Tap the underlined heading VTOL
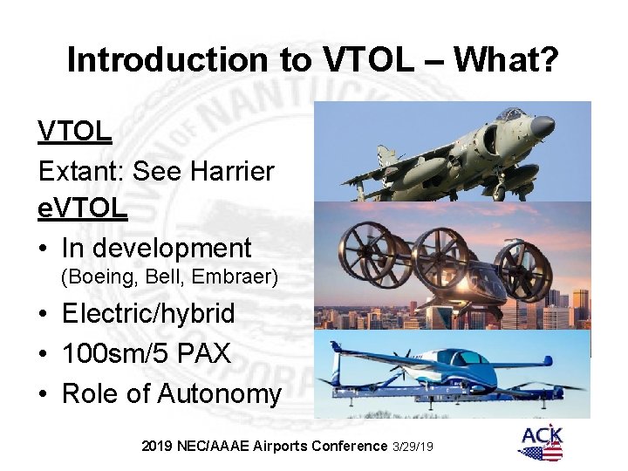75,132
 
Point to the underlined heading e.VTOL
83,209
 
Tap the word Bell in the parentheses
167,277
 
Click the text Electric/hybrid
148,312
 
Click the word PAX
210,353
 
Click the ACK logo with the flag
541,443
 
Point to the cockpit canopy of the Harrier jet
510,115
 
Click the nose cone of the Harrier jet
544,127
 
